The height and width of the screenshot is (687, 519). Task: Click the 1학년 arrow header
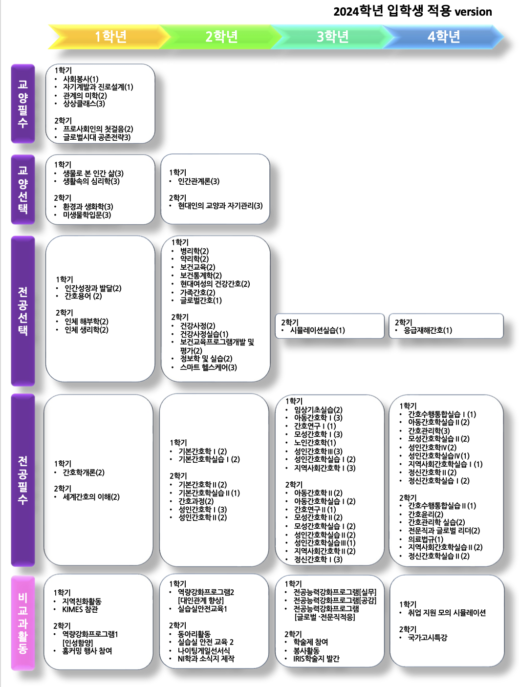click(x=107, y=37)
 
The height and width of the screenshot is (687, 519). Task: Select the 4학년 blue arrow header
click(x=443, y=37)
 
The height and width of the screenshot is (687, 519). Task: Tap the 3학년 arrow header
click(x=332, y=37)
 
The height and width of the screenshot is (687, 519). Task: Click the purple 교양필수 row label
click(x=23, y=104)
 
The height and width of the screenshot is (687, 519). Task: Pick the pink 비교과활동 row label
click(x=23, y=623)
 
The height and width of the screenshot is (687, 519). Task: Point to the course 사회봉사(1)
click(x=81, y=79)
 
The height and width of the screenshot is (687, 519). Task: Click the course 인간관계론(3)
click(x=198, y=181)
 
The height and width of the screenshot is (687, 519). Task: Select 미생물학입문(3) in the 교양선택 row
click(x=86, y=215)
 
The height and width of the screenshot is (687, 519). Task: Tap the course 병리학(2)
click(x=194, y=251)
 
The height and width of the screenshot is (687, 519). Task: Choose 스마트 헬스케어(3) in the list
click(x=208, y=367)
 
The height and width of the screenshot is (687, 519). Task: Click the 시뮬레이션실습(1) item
click(x=317, y=330)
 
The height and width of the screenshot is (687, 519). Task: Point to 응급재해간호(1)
click(x=428, y=330)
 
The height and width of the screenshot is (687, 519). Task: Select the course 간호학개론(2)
click(x=84, y=472)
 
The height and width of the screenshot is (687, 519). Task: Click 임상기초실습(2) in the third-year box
click(x=318, y=409)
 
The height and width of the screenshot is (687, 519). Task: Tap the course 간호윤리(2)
click(x=425, y=514)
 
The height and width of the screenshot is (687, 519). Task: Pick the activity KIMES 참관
click(x=80, y=609)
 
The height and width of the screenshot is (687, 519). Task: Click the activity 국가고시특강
click(x=427, y=638)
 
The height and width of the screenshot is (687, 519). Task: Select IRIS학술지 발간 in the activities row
click(x=316, y=659)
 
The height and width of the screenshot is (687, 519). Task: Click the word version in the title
click(x=473, y=12)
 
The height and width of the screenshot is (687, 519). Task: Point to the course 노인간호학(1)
click(x=315, y=443)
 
